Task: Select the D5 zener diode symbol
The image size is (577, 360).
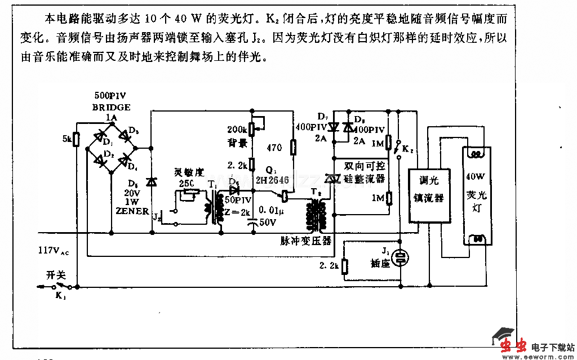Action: pos(151,181)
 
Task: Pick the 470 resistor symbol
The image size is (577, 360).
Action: pos(293,148)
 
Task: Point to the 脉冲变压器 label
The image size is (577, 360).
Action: pos(306,241)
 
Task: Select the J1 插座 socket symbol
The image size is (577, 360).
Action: pos(401,257)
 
